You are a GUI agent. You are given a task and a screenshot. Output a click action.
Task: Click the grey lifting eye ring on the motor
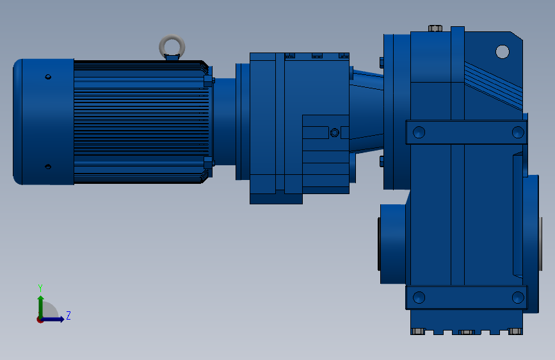pos(172,45)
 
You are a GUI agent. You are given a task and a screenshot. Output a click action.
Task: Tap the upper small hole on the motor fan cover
pos(47,78)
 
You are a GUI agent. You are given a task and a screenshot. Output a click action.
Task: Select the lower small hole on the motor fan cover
pos(47,167)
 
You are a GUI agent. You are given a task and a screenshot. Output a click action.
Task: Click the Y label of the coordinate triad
pos(40,288)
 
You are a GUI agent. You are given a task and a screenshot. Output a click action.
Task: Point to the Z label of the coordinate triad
pos(68,316)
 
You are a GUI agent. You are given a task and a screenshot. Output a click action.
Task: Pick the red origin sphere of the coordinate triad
pos(40,319)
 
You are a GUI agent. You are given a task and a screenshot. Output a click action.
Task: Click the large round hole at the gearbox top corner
pos(502,51)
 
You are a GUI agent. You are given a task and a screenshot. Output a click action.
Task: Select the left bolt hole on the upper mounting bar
pos(419,133)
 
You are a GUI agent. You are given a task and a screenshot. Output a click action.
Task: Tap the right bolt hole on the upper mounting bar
pos(517,133)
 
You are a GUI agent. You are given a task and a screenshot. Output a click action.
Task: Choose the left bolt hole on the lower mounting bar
pos(419,297)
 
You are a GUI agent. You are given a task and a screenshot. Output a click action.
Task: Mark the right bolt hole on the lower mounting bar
pos(517,297)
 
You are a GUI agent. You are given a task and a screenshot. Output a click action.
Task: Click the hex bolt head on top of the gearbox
pos(434,28)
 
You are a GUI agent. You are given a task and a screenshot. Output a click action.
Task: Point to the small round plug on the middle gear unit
pos(334,133)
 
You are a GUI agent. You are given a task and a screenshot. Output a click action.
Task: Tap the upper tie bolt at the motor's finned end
pos(208,81)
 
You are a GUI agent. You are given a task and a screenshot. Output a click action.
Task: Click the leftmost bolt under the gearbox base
pos(418,331)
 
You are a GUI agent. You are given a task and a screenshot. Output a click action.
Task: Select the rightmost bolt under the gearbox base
pos(515,331)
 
